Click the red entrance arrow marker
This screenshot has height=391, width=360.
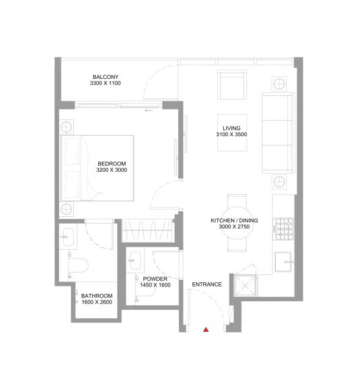tap(206, 330)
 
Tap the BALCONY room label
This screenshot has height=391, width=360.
tap(106, 77)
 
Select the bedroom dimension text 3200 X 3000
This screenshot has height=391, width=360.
tap(112, 170)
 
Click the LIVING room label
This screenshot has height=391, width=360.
tap(231, 128)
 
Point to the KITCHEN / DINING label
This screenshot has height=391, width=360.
tap(234, 221)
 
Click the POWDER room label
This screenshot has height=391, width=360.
tap(155, 279)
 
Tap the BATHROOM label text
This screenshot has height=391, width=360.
tap(97, 296)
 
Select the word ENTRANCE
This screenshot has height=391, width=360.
tap(207, 285)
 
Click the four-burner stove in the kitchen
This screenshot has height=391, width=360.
tap(283, 229)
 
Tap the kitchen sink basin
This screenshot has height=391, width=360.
tap(283, 261)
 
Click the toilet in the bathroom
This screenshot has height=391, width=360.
tap(78, 265)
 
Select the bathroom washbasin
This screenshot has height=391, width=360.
tap(68, 237)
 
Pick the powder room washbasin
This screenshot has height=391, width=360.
tap(135, 260)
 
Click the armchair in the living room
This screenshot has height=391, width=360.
tap(232, 84)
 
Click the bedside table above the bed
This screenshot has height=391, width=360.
tap(67, 127)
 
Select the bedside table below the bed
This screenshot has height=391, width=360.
tap(67, 209)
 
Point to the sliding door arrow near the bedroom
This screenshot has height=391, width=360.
tap(149, 110)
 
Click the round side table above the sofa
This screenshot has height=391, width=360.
tap(279, 84)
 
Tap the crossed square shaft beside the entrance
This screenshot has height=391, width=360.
tap(245, 285)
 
